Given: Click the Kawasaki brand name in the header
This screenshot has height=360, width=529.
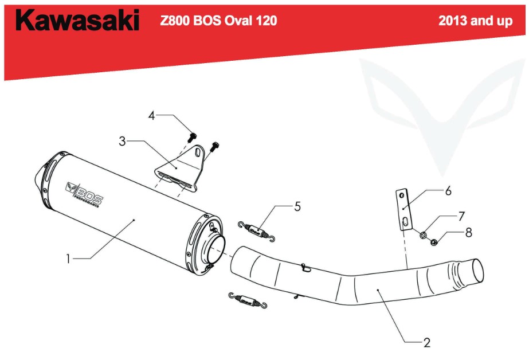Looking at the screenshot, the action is point(77,20).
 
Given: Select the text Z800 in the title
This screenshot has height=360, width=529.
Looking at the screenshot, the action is point(175,21).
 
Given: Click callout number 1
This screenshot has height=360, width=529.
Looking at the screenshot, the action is point(68,259).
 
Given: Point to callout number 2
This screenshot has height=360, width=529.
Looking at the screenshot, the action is point(427,342).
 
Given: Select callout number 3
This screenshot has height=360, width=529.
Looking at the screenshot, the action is point(122,141).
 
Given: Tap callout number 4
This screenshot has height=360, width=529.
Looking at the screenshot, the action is point(151,116).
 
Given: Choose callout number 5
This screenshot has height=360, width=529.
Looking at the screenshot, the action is point(297,206).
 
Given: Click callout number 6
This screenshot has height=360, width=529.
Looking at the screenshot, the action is point(448,191).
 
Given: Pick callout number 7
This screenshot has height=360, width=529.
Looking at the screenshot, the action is point(461,216).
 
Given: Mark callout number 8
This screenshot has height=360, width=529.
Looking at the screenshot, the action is point(469,233).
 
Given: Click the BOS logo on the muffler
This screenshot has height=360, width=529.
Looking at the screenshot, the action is point(84,194).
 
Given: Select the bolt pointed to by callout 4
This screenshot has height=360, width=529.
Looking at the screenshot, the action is point(192,138).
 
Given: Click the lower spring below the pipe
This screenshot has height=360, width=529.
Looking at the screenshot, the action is point(248,300).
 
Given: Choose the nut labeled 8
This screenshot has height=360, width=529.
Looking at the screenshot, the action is point(434,241).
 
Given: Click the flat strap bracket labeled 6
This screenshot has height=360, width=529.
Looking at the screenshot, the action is point(404,209).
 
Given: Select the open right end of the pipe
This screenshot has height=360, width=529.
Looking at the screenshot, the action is point(477,271).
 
